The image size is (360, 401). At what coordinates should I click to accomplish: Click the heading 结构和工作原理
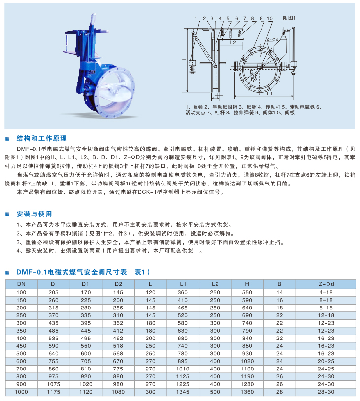pyautogui.click(x=41, y=138)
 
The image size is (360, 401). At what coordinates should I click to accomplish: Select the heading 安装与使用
pyautogui.click(x=34, y=214)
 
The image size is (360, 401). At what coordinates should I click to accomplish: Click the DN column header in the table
pyautogui.click(x=22, y=284)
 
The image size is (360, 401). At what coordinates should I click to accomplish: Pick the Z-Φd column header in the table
pyautogui.click(x=326, y=284)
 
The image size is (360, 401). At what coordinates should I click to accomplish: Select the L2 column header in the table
pyautogui.click(x=215, y=284)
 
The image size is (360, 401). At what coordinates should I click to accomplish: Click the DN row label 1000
pyautogui.click(x=22, y=392)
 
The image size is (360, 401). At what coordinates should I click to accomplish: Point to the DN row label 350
pyautogui.click(x=22, y=331)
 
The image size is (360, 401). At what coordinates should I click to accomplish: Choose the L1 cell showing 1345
pyautogui.click(x=183, y=392)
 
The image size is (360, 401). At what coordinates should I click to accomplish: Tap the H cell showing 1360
pyautogui.click(x=247, y=392)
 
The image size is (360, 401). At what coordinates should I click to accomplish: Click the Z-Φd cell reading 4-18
pyautogui.click(x=326, y=292)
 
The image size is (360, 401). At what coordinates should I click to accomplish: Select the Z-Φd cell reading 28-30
pyautogui.click(x=326, y=392)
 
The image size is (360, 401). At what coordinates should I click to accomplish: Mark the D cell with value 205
pyautogui.click(x=54, y=292)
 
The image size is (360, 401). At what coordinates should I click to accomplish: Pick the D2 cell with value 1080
pyautogui.click(x=118, y=392)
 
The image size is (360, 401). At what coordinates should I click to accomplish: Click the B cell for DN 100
pyautogui.click(x=279, y=292)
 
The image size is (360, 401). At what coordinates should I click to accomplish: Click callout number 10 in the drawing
pyautogui.click(x=270, y=18)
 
